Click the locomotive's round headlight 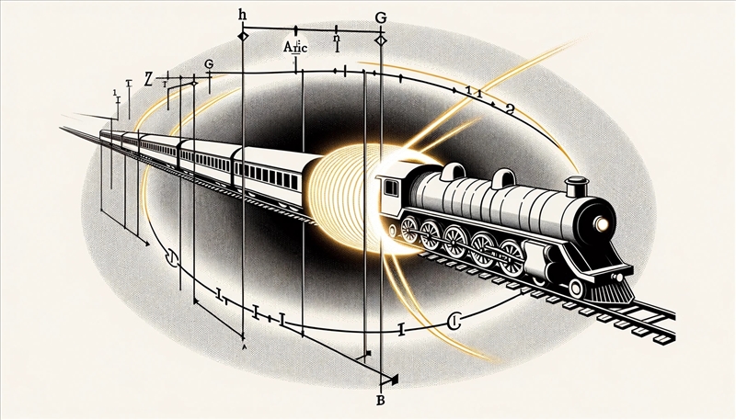pos(604,223)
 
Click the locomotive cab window pos(391,188)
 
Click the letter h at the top pos(243,15)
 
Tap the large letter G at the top pos(382,17)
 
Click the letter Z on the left pos(139,76)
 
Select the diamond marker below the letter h pos(243,35)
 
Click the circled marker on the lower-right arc pos(453,321)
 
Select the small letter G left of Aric pos(209,63)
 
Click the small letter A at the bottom pos(244,348)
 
